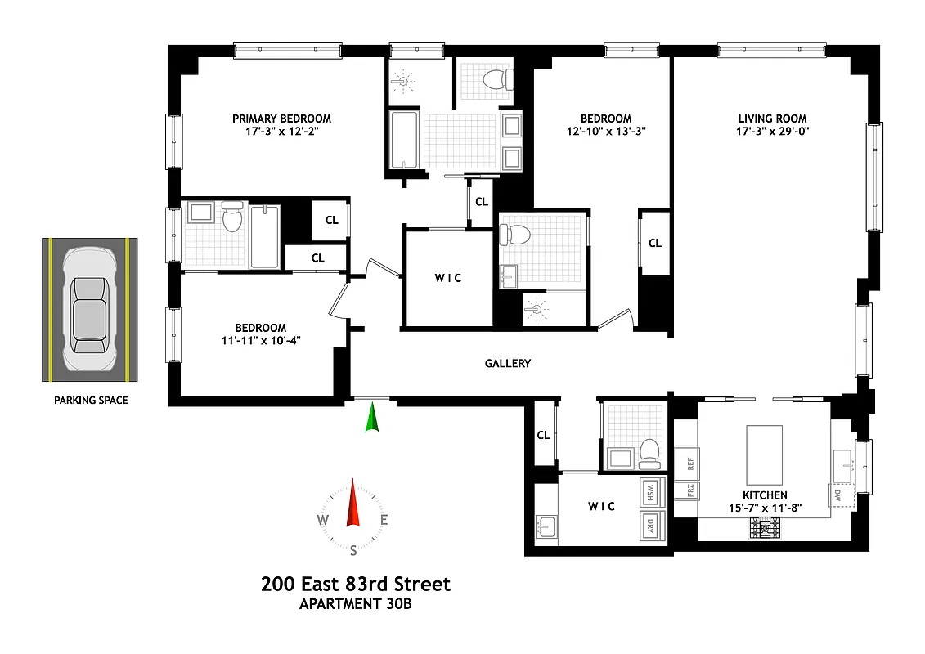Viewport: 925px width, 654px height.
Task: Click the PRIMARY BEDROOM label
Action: [x=281, y=119]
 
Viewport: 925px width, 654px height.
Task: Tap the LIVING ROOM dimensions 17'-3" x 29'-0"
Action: [x=772, y=132]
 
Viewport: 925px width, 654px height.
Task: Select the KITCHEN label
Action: [x=765, y=495]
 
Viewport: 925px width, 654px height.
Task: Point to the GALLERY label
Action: [x=508, y=363]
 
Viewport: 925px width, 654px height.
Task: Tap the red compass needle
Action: [x=353, y=503]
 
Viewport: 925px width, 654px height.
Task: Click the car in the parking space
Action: [x=90, y=310]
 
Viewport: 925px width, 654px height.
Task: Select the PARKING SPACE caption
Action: [x=91, y=401]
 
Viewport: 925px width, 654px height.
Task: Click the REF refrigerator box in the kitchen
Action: [x=689, y=464]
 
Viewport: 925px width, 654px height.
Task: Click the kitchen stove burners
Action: [x=765, y=529]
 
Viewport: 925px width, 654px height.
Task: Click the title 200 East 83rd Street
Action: [x=356, y=584]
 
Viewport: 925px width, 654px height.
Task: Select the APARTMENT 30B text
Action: [x=356, y=605]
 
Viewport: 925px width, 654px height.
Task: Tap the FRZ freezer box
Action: [x=689, y=490]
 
